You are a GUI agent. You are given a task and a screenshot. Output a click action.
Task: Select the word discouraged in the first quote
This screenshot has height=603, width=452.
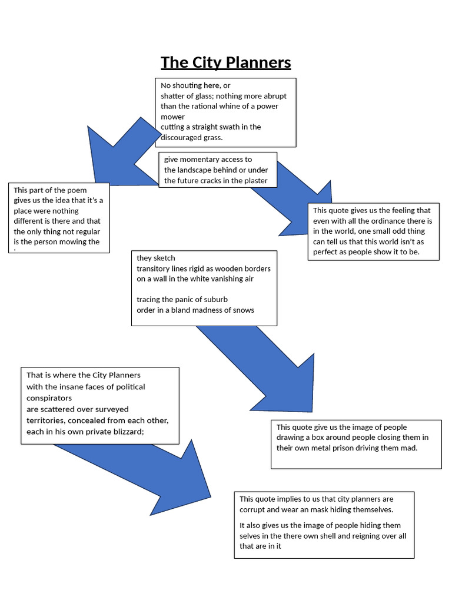(x=182, y=137)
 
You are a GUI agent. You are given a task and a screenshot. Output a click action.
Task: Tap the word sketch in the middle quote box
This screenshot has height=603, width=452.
(x=164, y=258)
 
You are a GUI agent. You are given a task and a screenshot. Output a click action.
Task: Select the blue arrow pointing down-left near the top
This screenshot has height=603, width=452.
(x=118, y=156)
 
